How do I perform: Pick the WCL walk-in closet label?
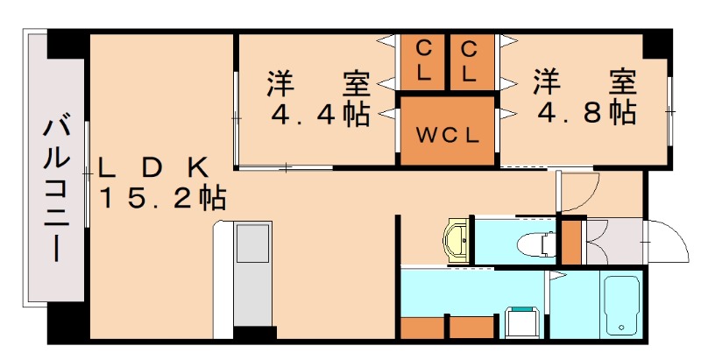tap(447, 136)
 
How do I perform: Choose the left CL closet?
tap(423, 61)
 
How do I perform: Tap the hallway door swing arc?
tap(578, 187)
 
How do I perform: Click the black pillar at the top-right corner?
tap(657, 42)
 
